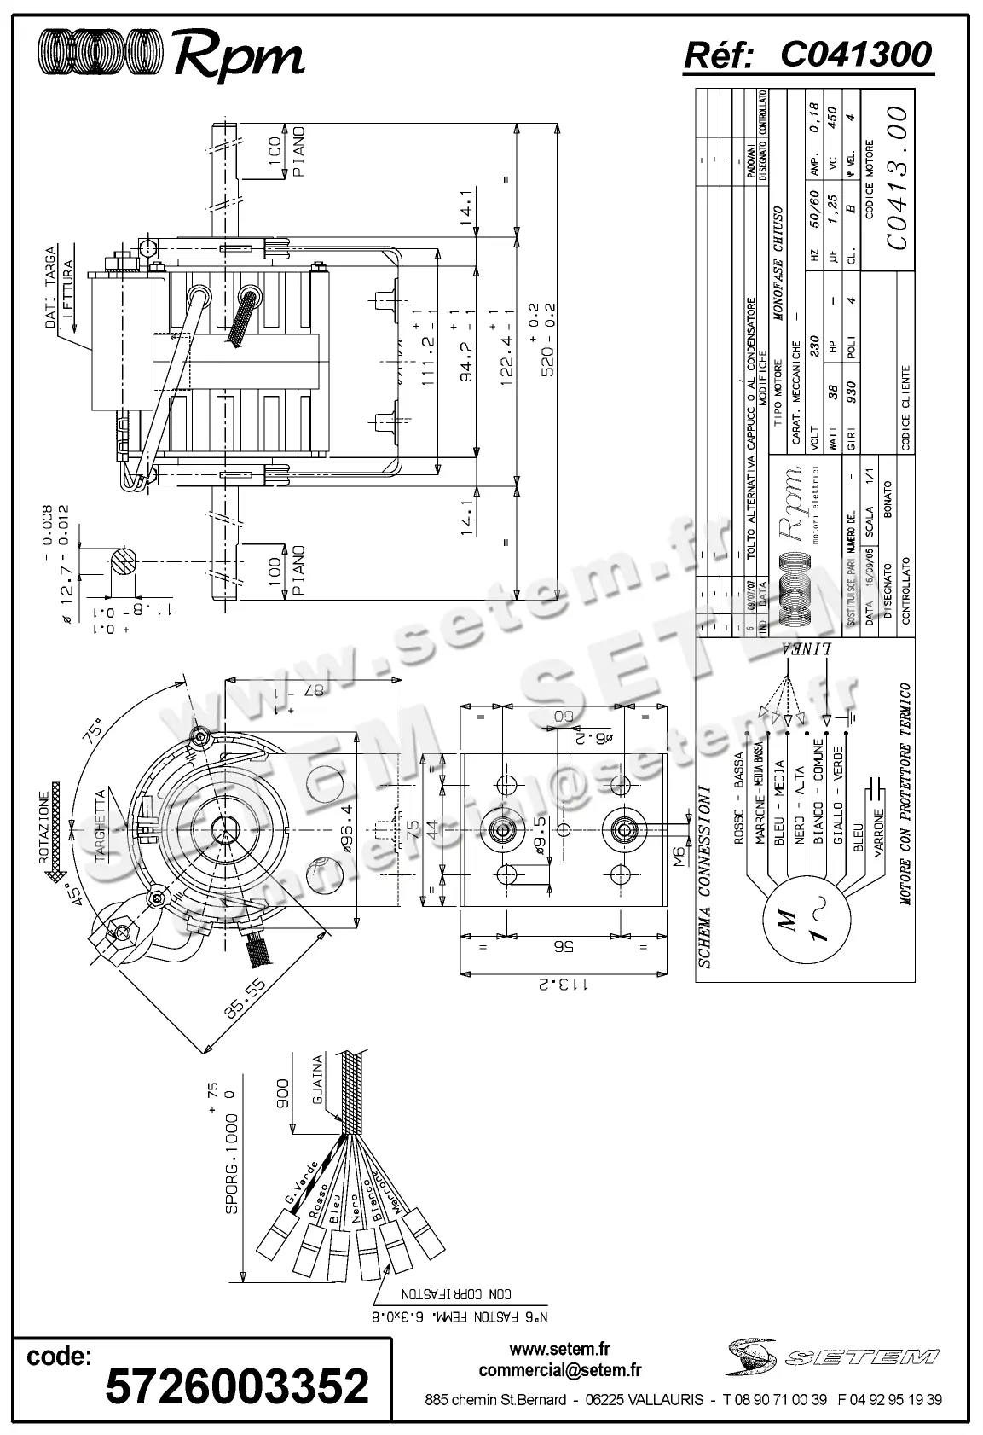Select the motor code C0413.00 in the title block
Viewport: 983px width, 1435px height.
894,178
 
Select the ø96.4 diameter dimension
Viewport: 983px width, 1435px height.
348,826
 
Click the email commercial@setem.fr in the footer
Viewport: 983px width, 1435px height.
560,1371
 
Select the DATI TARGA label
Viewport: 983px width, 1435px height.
50,287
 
